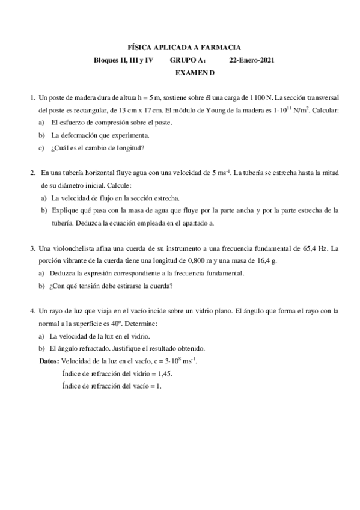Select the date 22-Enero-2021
tap(252, 60)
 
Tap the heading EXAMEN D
tap(194, 73)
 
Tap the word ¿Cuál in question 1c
tap(60, 148)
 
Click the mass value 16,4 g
tap(266, 261)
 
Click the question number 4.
tap(32, 311)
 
